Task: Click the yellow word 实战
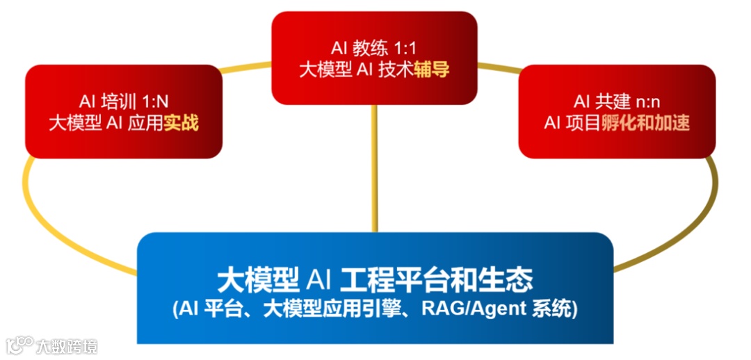(181, 124)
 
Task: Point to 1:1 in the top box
(407, 49)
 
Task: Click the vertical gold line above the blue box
(375, 174)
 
